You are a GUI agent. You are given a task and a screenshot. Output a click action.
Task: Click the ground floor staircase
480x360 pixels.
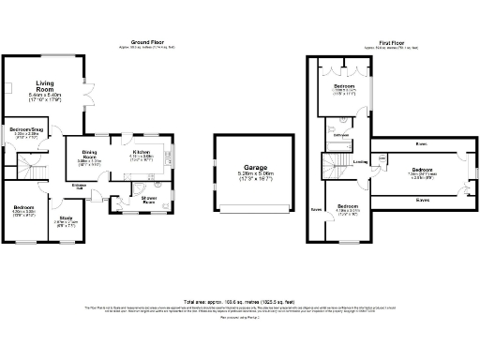pyautogui.click(x=35, y=174)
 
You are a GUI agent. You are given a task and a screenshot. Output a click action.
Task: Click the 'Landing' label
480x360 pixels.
pyautogui.click(x=360, y=161)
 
